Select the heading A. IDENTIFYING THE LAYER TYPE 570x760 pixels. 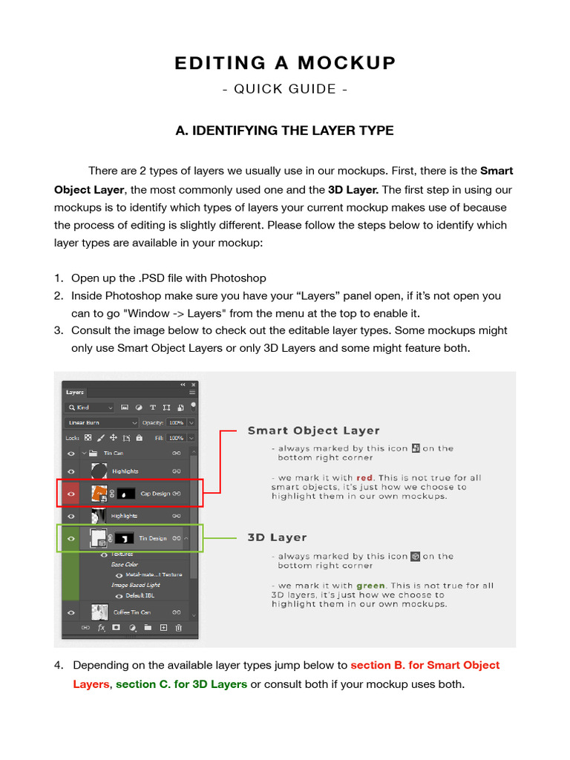(x=284, y=131)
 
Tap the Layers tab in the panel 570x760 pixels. (x=75, y=392)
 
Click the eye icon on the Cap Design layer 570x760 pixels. (x=71, y=494)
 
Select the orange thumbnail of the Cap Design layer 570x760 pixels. (x=98, y=493)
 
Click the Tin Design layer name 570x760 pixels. (x=153, y=538)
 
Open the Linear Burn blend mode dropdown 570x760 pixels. (x=90, y=422)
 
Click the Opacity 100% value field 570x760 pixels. (x=176, y=422)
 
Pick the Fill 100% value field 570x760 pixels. (x=176, y=438)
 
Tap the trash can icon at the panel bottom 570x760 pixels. (x=179, y=628)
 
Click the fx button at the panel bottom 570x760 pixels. (x=101, y=628)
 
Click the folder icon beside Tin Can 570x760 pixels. (x=93, y=453)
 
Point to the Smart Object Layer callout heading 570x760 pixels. (x=313, y=430)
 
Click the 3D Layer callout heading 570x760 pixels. (x=277, y=537)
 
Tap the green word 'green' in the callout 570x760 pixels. (x=371, y=586)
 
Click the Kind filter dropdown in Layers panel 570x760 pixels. (x=90, y=407)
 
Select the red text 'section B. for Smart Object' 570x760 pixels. (x=425, y=665)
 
